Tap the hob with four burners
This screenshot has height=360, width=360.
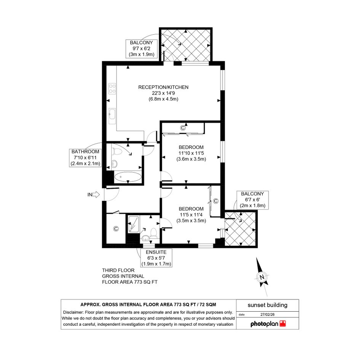(x=112, y=89)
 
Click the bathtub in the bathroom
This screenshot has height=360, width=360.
(x=128, y=177)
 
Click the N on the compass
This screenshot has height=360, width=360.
(x=262, y=277)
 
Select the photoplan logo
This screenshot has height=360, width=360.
(x=268, y=324)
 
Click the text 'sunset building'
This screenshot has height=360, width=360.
(x=267, y=305)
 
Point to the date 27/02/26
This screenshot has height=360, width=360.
(x=267, y=315)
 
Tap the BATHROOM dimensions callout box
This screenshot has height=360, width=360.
(x=85, y=158)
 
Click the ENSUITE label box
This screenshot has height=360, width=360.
(x=156, y=258)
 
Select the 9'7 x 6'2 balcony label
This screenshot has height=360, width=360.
(x=141, y=49)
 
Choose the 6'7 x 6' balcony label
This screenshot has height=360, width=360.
(x=253, y=200)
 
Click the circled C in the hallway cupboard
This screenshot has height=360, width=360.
(x=116, y=229)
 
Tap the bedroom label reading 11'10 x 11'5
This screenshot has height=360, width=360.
(x=191, y=153)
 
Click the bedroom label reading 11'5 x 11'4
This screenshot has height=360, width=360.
(x=191, y=215)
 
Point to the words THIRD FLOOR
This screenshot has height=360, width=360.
(x=118, y=270)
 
